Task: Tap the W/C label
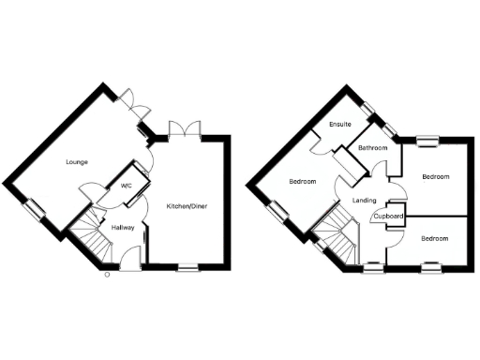pos(126,186)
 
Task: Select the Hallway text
pos(123,228)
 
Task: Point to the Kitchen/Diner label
pos(187,205)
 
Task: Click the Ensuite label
pos(326,125)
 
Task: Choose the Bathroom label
pos(371,148)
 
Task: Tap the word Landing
pos(364,201)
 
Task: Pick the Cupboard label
pos(388,217)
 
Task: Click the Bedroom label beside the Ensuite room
pos(302,181)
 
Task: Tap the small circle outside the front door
pos(106,274)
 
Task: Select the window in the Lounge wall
pos(34,209)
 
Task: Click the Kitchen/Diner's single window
pos(187,269)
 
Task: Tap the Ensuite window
pos(376,120)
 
